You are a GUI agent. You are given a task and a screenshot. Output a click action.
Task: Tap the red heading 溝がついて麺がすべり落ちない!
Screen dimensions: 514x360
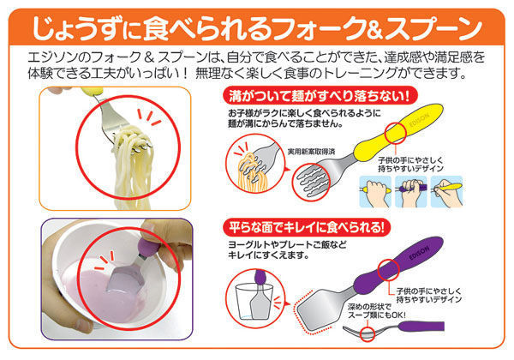tap(320, 96)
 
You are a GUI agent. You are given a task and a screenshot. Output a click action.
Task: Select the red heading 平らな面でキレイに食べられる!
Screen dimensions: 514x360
tap(306, 227)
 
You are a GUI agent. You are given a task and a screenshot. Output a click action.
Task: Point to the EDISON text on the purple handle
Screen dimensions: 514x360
tap(419, 253)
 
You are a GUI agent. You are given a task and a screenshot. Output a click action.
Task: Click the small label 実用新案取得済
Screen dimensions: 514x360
tap(311, 152)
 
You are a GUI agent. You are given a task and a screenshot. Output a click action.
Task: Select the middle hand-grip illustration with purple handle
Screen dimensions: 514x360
tap(411, 191)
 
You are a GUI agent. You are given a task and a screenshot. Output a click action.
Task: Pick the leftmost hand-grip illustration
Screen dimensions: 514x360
tap(376, 191)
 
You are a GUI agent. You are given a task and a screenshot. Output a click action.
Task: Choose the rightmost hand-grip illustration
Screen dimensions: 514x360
tap(446, 191)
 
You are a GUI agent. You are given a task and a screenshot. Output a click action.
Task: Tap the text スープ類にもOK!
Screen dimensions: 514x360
tap(376, 315)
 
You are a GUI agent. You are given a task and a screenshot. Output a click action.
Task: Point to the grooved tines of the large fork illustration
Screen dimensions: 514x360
tap(313, 181)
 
